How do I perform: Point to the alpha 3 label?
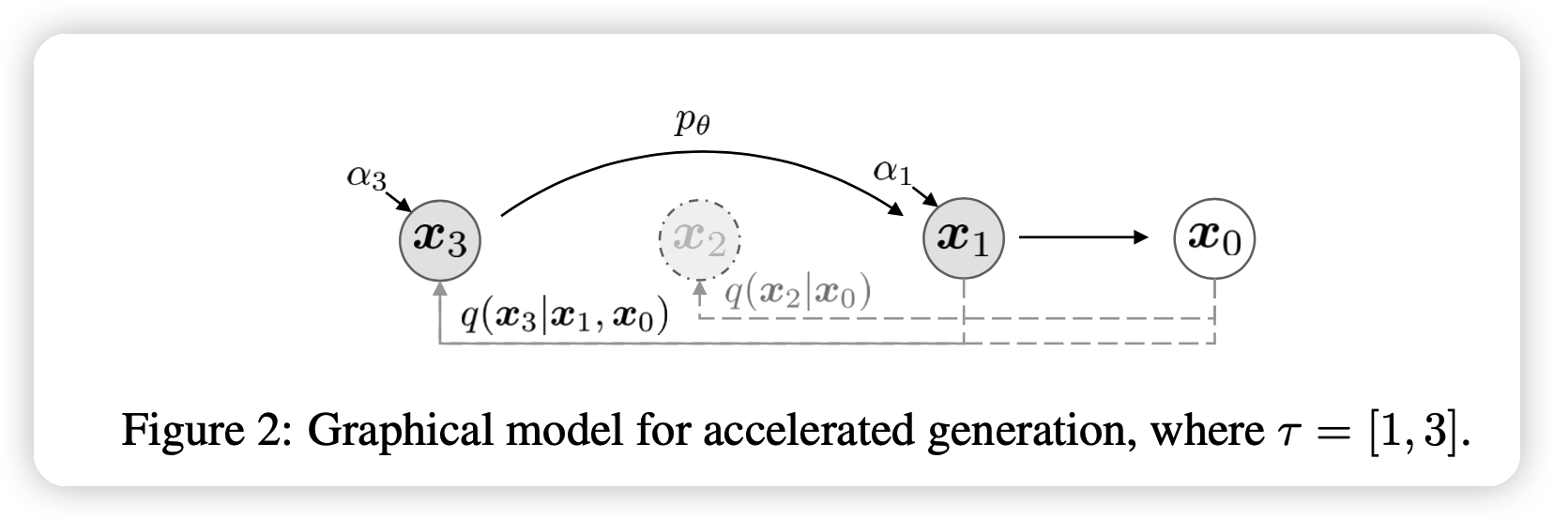(x=366, y=178)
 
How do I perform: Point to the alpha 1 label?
(x=892, y=172)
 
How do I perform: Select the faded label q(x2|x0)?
(x=799, y=293)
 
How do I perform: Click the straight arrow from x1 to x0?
(x=1084, y=238)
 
